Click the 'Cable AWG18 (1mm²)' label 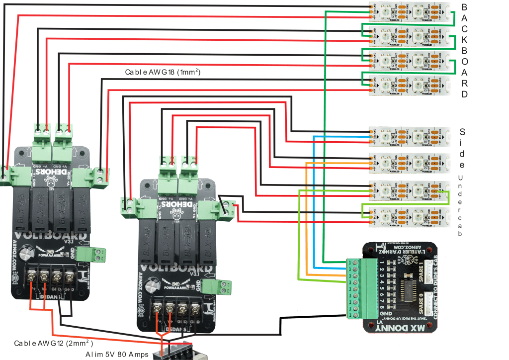[x=163, y=73]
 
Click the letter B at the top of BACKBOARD [x=464, y=7]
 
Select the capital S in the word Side [x=462, y=132]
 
